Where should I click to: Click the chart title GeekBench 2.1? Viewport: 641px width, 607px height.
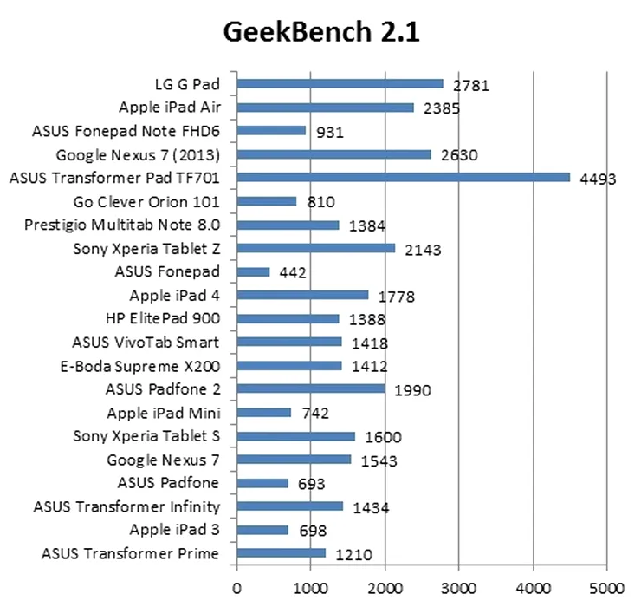point(321,32)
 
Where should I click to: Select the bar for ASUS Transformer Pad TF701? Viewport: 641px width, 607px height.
point(403,178)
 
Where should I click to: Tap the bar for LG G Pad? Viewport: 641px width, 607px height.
point(340,84)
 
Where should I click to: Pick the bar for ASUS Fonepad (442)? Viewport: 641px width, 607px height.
point(253,271)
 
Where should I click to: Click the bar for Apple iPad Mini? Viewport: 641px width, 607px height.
point(263,412)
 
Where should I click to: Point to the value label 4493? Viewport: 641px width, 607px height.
point(598,179)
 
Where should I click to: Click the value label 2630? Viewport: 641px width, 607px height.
point(460,156)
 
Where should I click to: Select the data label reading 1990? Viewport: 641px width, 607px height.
point(412,390)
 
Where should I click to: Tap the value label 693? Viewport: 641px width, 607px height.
point(317,484)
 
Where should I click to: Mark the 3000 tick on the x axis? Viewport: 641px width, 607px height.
point(458,586)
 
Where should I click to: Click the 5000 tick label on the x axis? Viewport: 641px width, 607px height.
point(606,586)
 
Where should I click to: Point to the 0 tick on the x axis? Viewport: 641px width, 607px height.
point(236,586)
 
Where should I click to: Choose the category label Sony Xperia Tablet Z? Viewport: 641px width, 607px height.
point(148,249)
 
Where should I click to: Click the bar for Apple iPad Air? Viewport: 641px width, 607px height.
point(325,108)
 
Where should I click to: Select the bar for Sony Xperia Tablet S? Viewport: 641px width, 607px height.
point(295,436)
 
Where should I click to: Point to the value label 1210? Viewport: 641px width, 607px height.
point(354,554)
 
